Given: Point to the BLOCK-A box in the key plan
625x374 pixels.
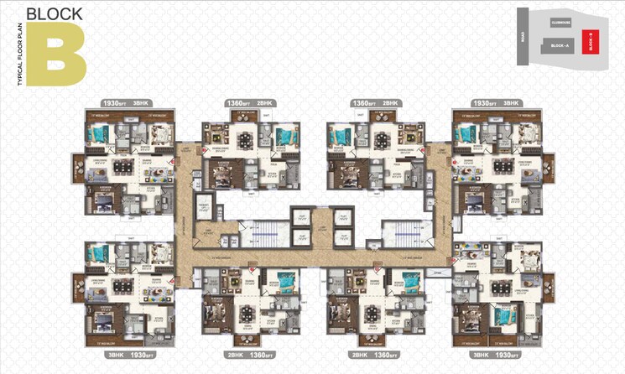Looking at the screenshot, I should (559, 46).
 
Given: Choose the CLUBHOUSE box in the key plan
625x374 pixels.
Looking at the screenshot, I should (560, 22).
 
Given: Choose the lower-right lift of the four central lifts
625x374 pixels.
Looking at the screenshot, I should (341, 238).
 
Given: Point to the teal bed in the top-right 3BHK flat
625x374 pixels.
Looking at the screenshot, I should (466, 132).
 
